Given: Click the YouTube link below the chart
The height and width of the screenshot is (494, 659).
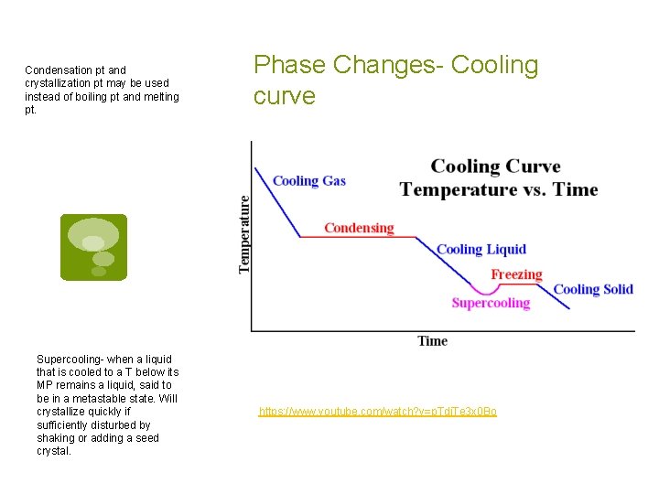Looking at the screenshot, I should click(377, 412).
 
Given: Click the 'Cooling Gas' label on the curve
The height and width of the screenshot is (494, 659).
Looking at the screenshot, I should click(308, 180).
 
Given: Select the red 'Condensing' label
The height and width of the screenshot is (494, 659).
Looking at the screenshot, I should click(359, 228).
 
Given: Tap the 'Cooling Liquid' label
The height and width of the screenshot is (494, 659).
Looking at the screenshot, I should click(481, 249).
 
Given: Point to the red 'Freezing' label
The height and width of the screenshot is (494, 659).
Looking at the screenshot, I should click(516, 274).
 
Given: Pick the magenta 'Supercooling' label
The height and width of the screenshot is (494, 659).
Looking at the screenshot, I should click(491, 303).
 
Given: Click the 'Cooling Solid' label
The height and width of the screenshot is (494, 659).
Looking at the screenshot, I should click(593, 289).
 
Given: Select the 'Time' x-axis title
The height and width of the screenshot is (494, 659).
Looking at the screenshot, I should click(432, 341).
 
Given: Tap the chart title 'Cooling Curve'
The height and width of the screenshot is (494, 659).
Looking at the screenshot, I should click(495, 166).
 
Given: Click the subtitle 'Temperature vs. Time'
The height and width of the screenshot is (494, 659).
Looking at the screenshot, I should click(498, 190).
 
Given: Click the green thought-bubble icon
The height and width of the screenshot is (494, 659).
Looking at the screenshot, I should click(93, 247).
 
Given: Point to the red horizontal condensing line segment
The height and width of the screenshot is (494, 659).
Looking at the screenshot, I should click(366, 237).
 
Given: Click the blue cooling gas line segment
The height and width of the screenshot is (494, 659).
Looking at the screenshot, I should click(277, 201).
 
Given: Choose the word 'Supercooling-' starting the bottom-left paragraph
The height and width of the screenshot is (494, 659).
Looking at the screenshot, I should click(70, 360).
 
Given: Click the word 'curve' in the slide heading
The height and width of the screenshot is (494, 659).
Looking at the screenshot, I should click(285, 96).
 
